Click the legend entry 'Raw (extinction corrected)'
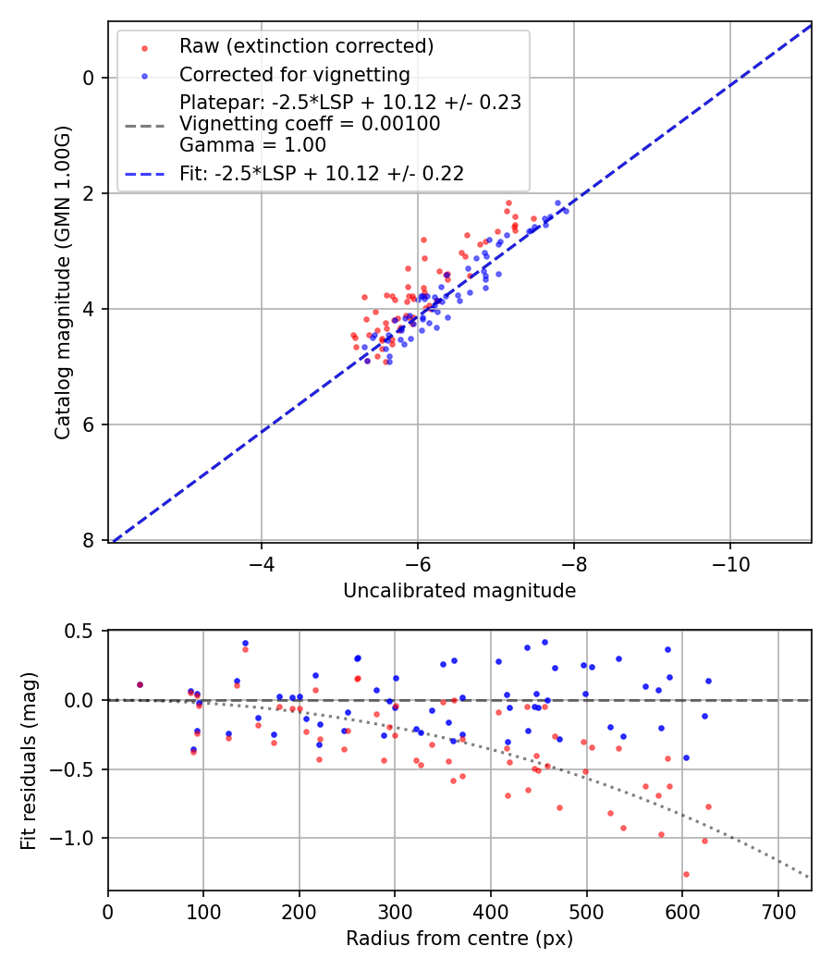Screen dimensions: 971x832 click(306, 46)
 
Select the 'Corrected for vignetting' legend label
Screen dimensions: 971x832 click(294, 74)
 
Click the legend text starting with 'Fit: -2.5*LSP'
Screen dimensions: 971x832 click(322, 173)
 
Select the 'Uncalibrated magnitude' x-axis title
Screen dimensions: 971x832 click(459, 591)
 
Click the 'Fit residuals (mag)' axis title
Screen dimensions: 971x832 click(30, 760)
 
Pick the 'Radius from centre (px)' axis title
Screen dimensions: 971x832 click(459, 939)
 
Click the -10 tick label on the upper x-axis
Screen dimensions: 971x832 click(730, 562)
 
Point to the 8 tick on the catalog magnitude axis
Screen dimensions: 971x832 click(89, 541)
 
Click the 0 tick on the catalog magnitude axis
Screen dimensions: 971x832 click(89, 78)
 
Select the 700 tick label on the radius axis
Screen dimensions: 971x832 click(777, 912)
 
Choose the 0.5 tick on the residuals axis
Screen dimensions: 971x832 click(83, 631)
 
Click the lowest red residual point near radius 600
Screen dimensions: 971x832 click(686, 874)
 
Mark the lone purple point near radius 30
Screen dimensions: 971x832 click(140, 684)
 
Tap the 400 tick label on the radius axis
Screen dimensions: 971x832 click(491, 912)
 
